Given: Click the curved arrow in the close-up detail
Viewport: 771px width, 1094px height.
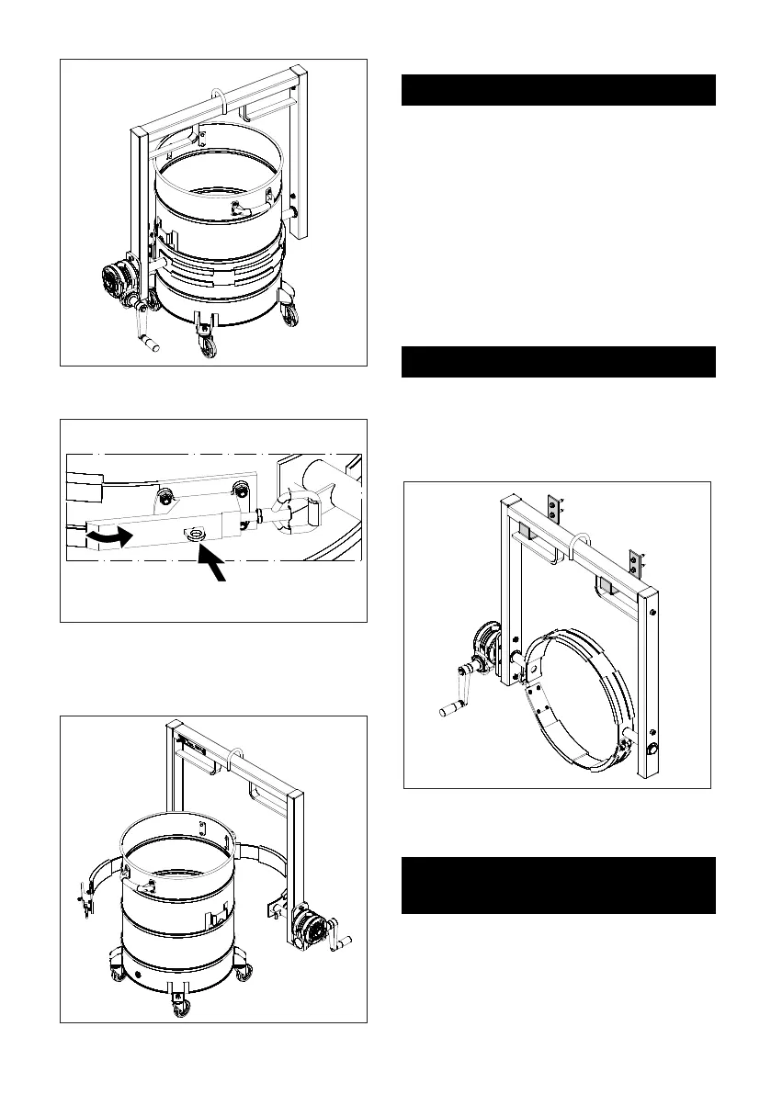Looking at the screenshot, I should [x=108, y=535].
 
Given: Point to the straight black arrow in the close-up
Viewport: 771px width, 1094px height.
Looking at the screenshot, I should [x=216, y=569].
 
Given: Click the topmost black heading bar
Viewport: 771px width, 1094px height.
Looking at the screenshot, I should [x=559, y=91].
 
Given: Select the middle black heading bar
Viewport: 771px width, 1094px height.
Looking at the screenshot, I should [x=559, y=362].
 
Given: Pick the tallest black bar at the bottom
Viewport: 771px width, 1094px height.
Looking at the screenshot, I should [x=559, y=885].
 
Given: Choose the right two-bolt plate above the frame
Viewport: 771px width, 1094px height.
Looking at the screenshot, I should [x=634, y=562].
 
